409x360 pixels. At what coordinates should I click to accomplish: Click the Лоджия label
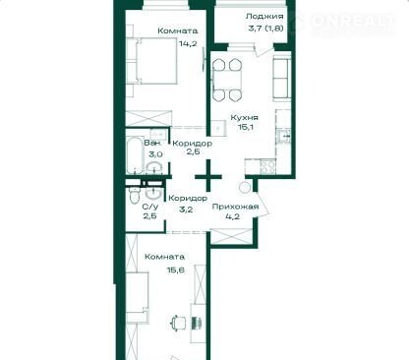point(264,17)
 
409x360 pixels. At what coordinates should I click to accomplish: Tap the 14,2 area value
point(188,43)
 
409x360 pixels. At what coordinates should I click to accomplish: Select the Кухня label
point(245,118)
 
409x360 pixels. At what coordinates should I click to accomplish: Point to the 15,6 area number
point(176,270)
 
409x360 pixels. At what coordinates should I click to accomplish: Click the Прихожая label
point(235,207)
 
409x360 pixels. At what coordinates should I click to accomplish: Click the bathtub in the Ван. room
point(135,155)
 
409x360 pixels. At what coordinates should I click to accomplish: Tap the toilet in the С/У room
point(134,196)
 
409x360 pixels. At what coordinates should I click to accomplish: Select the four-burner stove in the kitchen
point(268,167)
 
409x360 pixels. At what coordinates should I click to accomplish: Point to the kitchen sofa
point(281,79)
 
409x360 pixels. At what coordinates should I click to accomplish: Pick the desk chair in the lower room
point(179,322)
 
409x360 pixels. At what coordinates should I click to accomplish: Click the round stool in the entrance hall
point(245,188)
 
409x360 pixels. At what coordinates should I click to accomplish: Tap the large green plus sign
point(208,177)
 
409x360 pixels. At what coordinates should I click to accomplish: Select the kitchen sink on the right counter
point(283,136)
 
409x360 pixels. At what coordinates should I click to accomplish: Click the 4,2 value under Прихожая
point(235,216)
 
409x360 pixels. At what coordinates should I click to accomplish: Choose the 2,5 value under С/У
point(149,216)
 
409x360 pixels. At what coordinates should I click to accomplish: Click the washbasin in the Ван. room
point(154,166)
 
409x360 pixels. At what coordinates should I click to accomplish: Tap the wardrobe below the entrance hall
point(231,236)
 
